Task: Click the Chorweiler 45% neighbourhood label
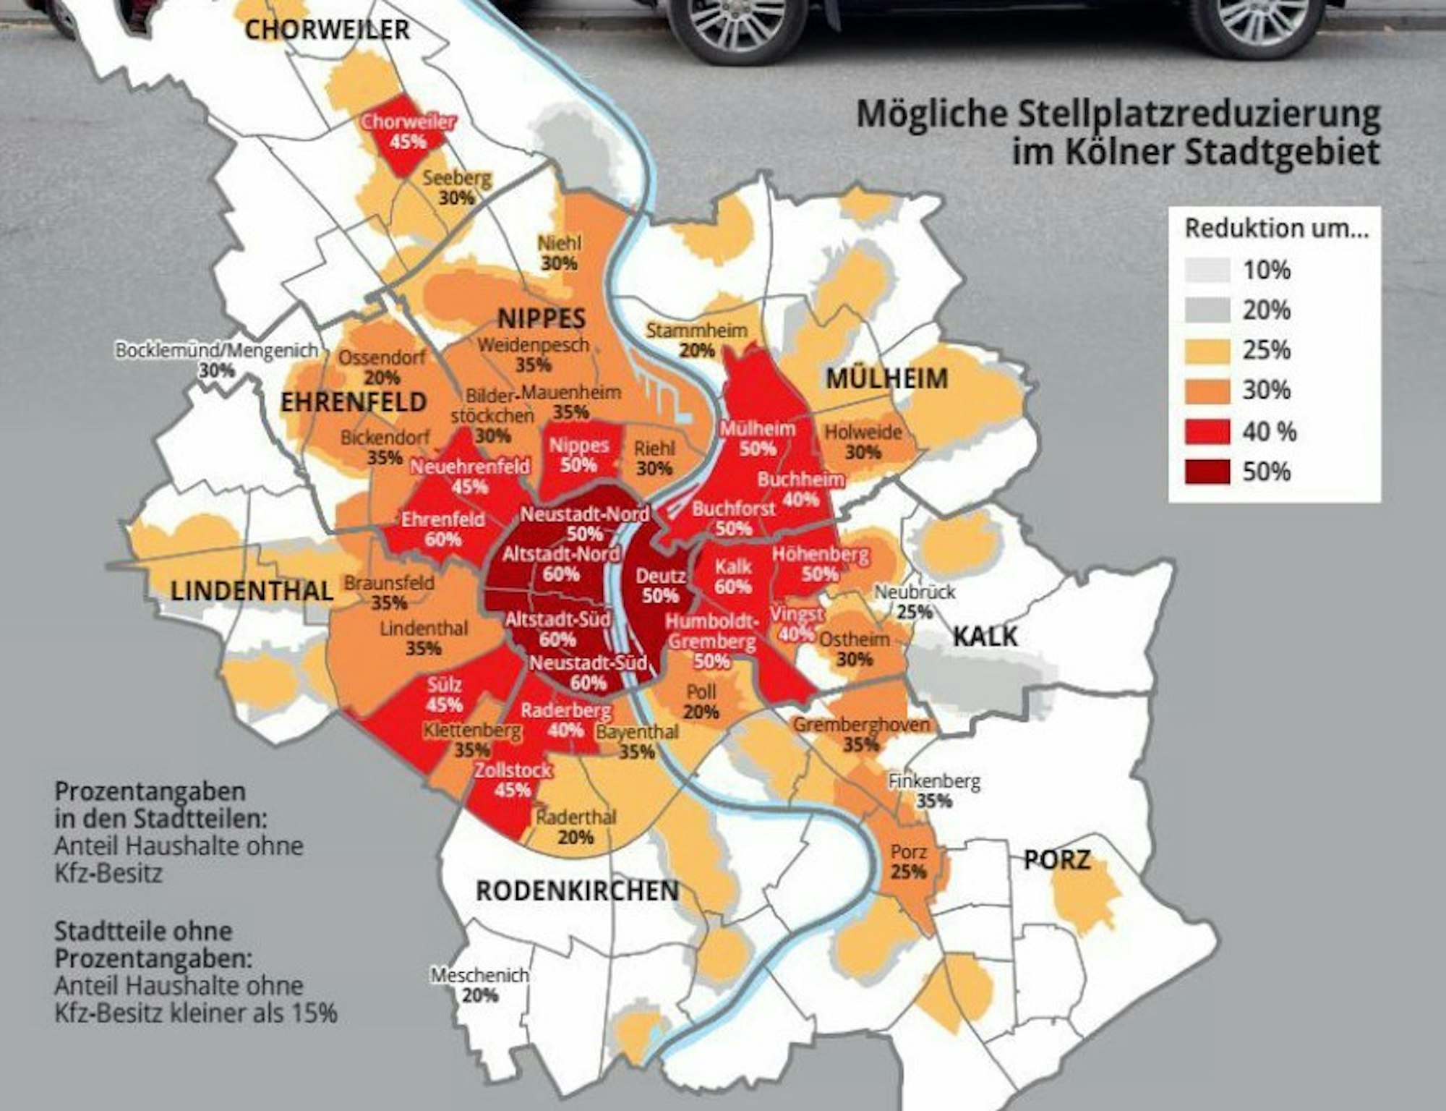pos(408,131)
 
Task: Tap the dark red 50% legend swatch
pos(1207,472)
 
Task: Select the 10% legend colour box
pos(1207,271)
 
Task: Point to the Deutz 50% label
pos(661,586)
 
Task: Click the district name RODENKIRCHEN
pos(577,891)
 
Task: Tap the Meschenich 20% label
pos(480,984)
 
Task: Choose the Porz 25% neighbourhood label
pos(909,861)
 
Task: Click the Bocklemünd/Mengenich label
pos(217,351)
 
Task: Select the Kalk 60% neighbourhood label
pos(733,576)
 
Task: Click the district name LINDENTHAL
pos(252,591)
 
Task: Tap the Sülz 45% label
pos(445,694)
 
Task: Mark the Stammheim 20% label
pos(696,340)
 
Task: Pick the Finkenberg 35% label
pos(934,791)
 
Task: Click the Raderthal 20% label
pos(576,827)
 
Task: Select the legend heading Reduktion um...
pos(1276,229)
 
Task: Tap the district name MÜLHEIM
pos(886,378)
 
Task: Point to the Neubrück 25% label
pos(915,601)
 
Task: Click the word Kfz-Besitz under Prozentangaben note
pos(108,873)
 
